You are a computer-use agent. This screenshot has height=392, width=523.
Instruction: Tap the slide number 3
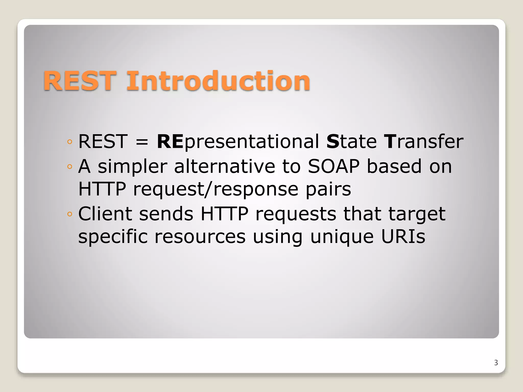pyautogui.click(x=496, y=363)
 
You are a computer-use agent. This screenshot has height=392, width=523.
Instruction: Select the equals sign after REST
pyautogui.click(x=142, y=142)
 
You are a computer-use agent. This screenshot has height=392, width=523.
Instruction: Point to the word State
pyautogui.click(x=351, y=142)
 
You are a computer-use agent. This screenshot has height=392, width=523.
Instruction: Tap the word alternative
pyautogui.click(x=225, y=166)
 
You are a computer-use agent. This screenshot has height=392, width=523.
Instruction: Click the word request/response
pyautogui.click(x=216, y=190)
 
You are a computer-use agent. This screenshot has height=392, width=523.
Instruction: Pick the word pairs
pyautogui.click(x=328, y=190)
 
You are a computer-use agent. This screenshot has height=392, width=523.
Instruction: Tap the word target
pyautogui.click(x=417, y=214)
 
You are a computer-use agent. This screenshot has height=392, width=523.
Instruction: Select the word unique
pyautogui.click(x=342, y=237)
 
